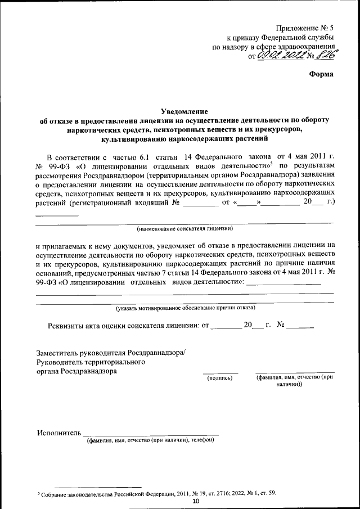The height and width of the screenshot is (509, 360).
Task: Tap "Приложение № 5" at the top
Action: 304,28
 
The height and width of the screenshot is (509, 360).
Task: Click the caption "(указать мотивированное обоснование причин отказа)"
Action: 185,308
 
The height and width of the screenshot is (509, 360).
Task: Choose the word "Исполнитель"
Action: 58,433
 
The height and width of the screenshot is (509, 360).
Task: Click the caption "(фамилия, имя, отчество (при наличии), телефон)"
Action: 150,440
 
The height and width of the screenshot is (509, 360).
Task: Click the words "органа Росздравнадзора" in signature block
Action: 77,372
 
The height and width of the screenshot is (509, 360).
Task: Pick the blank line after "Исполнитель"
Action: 151,434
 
